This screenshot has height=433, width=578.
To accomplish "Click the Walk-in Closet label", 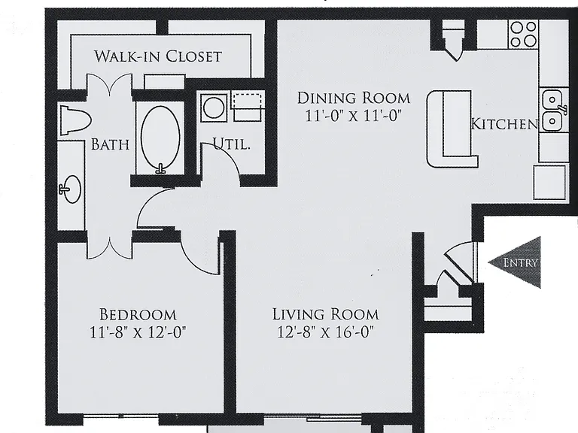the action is pyautogui.click(x=158, y=56).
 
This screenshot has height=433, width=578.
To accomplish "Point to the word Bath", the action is pyautogui.click(x=110, y=144).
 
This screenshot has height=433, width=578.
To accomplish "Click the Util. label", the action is pyautogui.click(x=232, y=144).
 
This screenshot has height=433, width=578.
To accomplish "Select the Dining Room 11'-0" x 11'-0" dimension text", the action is pyautogui.click(x=353, y=116).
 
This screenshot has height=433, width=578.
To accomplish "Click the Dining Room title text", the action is pyautogui.click(x=354, y=98).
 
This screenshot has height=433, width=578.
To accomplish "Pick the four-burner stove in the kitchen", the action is pyautogui.click(x=524, y=34).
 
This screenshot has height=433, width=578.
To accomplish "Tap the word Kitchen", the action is pyautogui.click(x=505, y=124).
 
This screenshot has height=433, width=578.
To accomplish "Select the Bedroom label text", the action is pyautogui.click(x=138, y=315).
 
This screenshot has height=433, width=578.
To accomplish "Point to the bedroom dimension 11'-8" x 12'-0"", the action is pyautogui.click(x=138, y=332).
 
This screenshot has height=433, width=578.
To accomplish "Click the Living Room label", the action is pyautogui.click(x=325, y=314).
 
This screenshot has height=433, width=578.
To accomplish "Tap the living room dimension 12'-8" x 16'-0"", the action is pyautogui.click(x=325, y=332).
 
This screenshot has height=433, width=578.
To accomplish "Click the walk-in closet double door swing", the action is pyautogui.click(x=109, y=84).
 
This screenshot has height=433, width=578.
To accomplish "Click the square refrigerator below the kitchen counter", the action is pyautogui.click(x=549, y=182).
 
